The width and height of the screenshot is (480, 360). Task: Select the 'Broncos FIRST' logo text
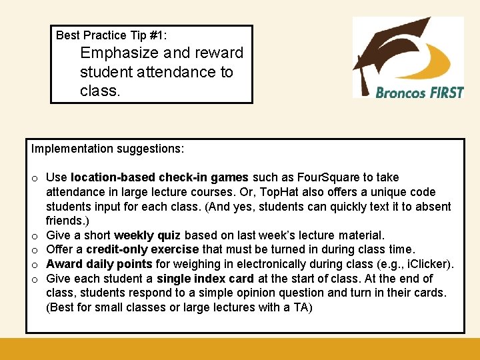[x=419, y=92]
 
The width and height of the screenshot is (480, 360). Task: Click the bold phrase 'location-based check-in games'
[x=159, y=177]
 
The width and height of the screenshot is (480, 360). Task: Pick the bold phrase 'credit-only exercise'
[x=147, y=249]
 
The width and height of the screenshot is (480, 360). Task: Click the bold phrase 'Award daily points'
[x=99, y=264]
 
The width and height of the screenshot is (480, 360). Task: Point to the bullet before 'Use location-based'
[x=33, y=178]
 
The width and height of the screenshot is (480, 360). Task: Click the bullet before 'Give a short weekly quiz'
[x=33, y=236]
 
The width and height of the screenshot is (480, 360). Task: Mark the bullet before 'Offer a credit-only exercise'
[x=33, y=250]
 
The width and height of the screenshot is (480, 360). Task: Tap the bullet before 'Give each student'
[x=33, y=279]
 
